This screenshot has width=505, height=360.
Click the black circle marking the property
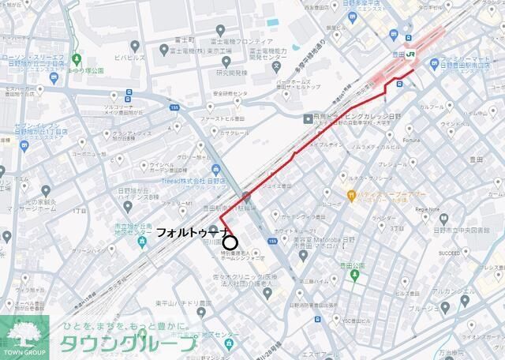tap(230, 242)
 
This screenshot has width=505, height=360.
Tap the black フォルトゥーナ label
tap(193, 233)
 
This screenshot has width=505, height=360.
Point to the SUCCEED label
tap(450, 254)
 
